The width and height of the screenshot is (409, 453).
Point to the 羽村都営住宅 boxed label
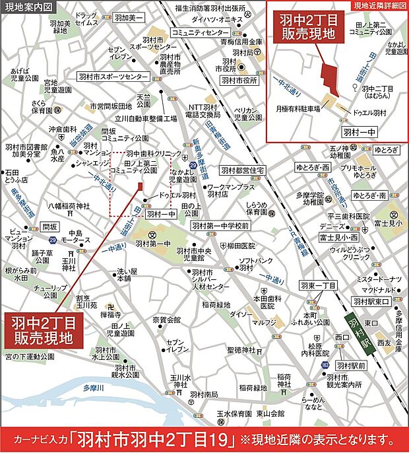click(243, 170)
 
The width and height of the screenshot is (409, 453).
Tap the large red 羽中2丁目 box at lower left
click(44, 331)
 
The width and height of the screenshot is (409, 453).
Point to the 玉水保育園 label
click(234, 413)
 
